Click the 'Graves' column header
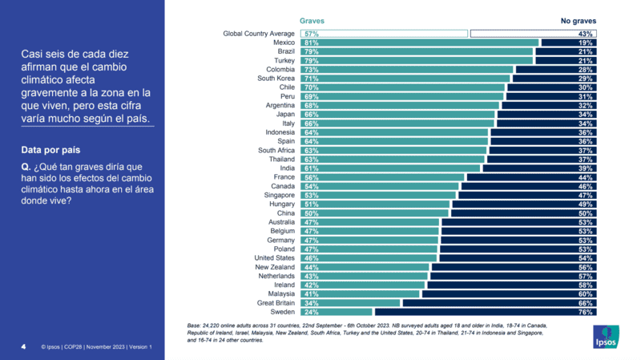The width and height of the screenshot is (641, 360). coord(312,21)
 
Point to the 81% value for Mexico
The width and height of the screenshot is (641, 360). coord(312,42)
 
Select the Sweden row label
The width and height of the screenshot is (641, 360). coord(283,312)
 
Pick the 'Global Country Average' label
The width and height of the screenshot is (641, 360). coord(259,34)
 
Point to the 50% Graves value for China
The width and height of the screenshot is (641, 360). coord(312,213)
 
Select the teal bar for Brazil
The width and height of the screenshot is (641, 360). coord(417,51)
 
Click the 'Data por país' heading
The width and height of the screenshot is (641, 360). coord(50,150)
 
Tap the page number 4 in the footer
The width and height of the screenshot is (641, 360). coord(23,347)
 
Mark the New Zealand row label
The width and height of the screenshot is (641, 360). coord(275,267)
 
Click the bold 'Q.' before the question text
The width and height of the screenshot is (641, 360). coord(26,166)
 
